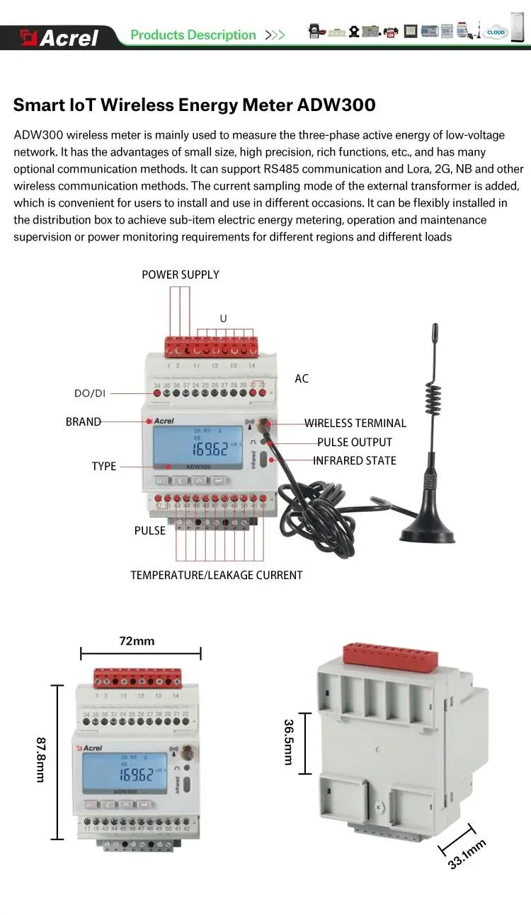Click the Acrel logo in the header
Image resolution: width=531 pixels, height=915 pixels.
point(60,37)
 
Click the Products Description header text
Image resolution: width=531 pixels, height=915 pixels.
point(193,35)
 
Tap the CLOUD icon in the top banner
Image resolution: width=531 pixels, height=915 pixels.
point(496,33)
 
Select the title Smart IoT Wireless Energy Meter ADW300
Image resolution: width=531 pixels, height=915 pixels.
point(194,105)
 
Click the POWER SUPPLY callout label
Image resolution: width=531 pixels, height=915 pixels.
point(181,274)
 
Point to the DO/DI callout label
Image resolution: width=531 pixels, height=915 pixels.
point(90,393)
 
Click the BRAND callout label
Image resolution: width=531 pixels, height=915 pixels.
point(84,421)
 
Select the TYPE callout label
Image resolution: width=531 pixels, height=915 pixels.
point(104,466)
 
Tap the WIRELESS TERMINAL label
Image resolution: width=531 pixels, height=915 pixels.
point(355,423)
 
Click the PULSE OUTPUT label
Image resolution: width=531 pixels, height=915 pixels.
point(354,442)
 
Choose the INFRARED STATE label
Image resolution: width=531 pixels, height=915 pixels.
point(354,460)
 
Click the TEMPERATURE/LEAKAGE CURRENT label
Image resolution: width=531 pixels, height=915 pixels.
point(216,575)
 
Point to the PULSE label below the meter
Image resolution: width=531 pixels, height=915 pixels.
point(150,530)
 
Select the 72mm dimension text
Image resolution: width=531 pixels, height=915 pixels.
point(137,641)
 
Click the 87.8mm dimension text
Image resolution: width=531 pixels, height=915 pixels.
point(40,759)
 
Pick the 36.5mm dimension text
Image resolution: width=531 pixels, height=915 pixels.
point(288,742)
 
